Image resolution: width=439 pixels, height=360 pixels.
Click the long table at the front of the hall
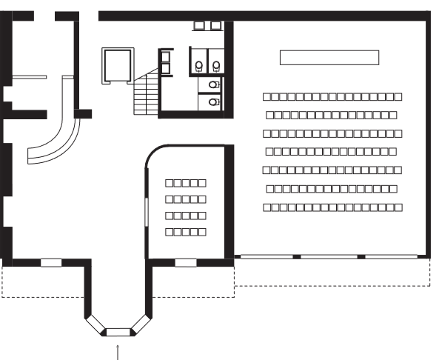point(329,57)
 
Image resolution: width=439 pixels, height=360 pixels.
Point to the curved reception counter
point(58,137)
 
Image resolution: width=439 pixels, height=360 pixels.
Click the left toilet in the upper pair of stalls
point(198,67)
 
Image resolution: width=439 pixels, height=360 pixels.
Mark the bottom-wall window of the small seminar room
point(185,262)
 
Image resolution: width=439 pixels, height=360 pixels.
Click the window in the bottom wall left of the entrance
point(50,262)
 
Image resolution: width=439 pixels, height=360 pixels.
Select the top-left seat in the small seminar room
point(169,182)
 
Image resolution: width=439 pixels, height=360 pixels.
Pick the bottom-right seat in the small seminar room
point(201,232)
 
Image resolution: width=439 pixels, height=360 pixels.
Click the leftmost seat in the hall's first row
point(267,97)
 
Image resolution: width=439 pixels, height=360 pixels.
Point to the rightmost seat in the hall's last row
point(399,208)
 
